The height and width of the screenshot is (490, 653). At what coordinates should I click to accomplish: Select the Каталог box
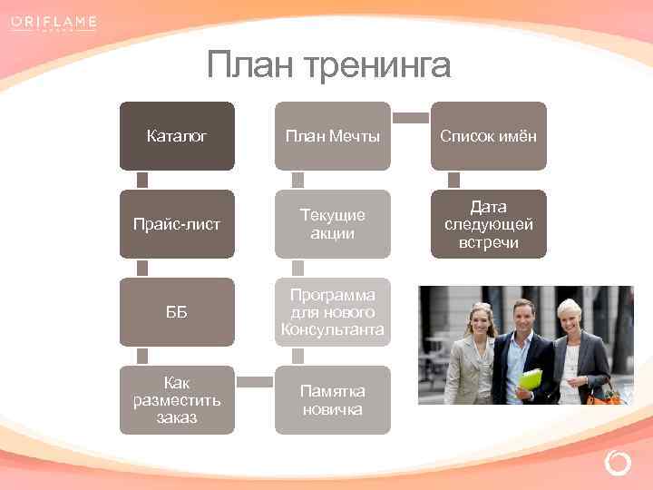pos(177,136)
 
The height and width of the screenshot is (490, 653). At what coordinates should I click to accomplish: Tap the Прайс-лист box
pos(177,224)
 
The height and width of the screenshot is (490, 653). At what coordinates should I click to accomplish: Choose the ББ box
pos(177,311)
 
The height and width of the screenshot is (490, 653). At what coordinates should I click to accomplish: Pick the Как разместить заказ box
pos(177,399)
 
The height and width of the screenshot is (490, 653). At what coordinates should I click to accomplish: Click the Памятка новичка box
pos(333,399)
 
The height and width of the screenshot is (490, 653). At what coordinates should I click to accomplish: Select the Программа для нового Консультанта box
pos(333,311)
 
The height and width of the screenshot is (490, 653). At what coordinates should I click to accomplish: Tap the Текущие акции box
pos(333,224)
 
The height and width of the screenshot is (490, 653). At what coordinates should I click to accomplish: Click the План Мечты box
pos(333,136)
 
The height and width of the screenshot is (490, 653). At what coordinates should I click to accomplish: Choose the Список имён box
pos(489,136)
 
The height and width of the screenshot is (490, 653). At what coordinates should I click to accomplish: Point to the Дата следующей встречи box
pos(489,224)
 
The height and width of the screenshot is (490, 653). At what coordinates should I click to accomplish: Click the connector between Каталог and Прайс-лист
pos(142,180)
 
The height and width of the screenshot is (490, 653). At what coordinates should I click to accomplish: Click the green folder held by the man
pos(531,377)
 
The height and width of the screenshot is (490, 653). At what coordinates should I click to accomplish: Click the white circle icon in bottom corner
pos(618,464)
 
